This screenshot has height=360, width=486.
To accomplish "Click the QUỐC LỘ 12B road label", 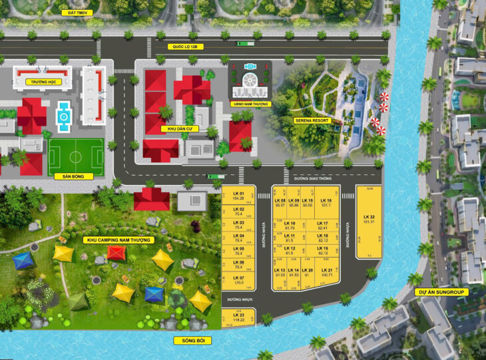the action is coord(184,47).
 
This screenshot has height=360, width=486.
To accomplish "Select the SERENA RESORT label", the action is coord(313,120).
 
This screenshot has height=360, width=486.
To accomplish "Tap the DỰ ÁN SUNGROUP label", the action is coord(441,291).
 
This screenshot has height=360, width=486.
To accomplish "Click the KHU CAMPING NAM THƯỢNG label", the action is coord(120,240).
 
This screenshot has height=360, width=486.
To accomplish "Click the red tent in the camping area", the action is coord(117,252).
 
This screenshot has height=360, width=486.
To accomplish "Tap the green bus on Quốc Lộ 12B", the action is coord(245,43).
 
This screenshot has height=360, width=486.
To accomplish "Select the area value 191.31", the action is coord(369,222).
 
